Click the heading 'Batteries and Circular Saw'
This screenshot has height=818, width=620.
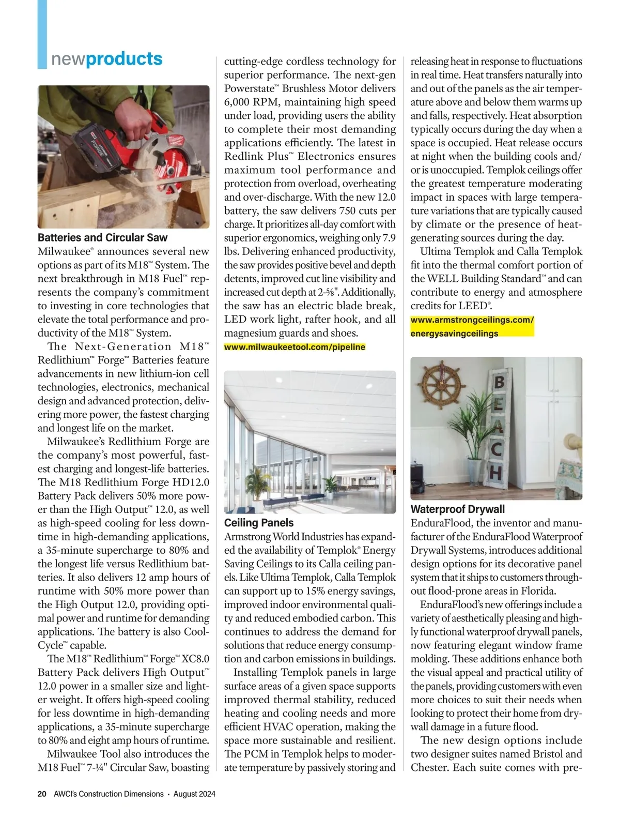(x=102, y=238)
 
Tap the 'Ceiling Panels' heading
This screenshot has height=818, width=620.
(x=258, y=523)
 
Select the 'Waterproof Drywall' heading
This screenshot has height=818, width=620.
(x=457, y=509)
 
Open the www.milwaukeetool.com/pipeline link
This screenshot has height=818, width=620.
(x=295, y=347)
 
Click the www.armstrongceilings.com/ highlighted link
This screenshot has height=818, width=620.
(x=472, y=320)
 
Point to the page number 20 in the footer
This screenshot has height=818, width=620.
(x=42, y=794)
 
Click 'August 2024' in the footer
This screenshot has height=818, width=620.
(x=194, y=794)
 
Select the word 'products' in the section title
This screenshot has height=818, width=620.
(x=125, y=59)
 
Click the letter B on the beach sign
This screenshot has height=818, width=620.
(x=499, y=383)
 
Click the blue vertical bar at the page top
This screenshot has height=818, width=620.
(x=42, y=34)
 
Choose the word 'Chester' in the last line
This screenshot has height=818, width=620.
(x=429, y=767)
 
